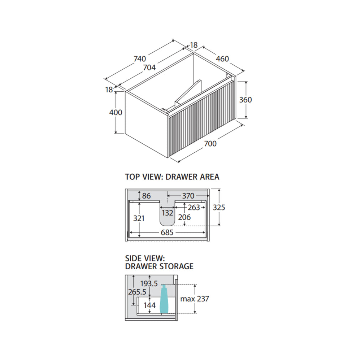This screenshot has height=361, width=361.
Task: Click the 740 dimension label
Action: [140, 59]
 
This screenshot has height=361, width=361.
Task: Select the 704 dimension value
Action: [149, 68]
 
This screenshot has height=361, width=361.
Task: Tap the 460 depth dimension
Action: [222, 59]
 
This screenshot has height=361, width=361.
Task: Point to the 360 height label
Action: [245, 100]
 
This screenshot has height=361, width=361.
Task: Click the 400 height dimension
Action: [116, 113]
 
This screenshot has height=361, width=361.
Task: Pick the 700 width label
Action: [210, 144]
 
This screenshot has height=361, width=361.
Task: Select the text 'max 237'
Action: [195, 299]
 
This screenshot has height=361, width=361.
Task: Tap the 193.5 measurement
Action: [149, 284]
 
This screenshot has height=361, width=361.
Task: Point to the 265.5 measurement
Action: [137, 292]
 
